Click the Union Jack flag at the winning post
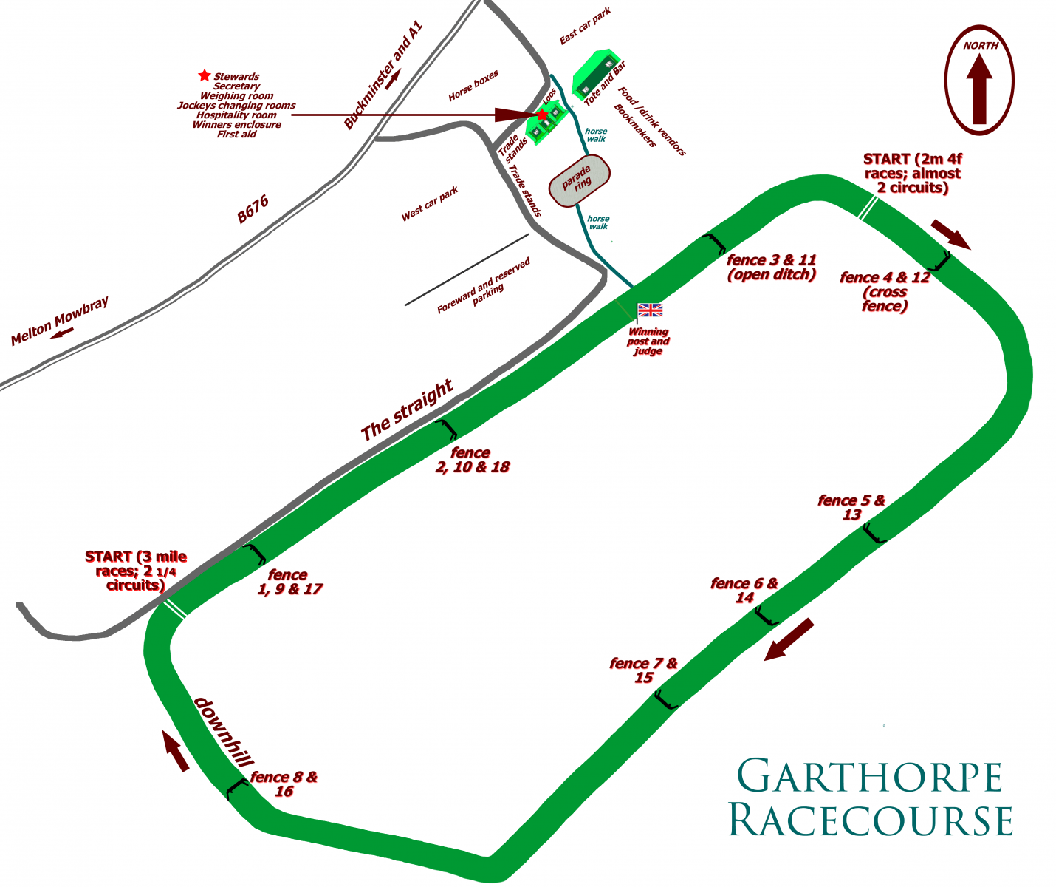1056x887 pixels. coord(650,310)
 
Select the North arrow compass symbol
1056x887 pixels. coord(979,80)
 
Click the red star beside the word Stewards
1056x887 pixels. coord(204,75)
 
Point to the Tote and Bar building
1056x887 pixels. coord(597,72)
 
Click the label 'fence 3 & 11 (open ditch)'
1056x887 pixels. coord(771,267)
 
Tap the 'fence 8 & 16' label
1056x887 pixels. coord(284,784)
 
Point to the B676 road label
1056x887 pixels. coord(253,209)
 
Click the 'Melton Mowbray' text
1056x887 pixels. coord(59,321)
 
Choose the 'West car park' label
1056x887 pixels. coord(430,204)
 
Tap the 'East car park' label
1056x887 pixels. coord(586,27)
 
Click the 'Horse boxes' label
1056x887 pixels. coord(473,86)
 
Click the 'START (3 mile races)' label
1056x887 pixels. coord(136,571)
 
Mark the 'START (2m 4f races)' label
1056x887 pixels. coord(912,173)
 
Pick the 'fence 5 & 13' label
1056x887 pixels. coord(851,507)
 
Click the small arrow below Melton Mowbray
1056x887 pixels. coord(62,333)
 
